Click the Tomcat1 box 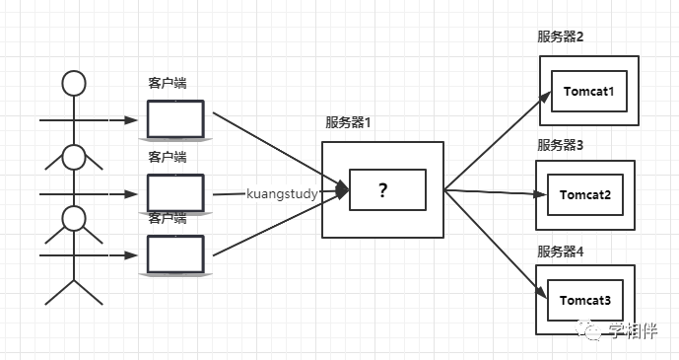(588, 92)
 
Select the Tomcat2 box (586, 193)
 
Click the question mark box (382, 190)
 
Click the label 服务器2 (561, 37)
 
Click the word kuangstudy (282, 194)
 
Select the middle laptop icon (175, 193)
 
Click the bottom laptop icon (175, 254)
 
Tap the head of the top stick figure (74, 83)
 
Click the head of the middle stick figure (74, 156)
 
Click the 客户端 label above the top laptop (168, 83)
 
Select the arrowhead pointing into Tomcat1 (544, 96)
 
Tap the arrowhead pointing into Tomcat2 (540, 193)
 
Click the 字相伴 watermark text (633, 331)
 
